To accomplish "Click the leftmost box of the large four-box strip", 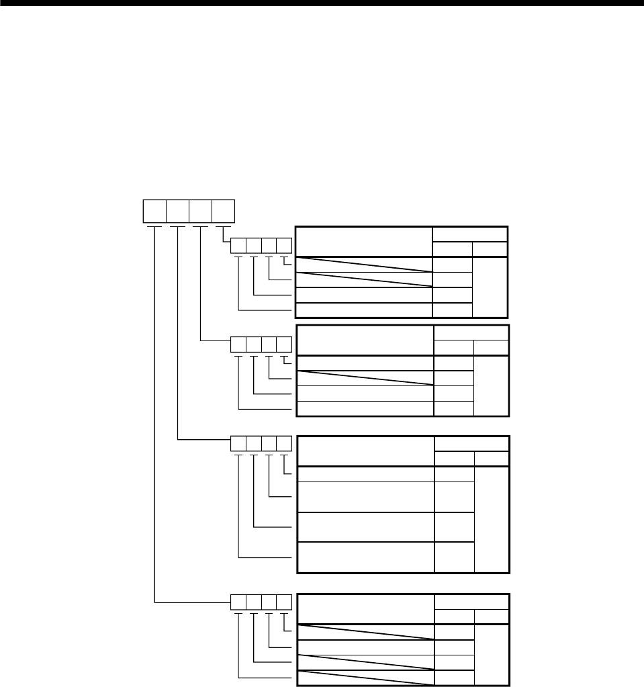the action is click(154, 212).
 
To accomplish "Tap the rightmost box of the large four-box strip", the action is click(223, 212).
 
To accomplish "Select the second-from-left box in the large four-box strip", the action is click(177, 212).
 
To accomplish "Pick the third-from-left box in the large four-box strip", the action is click(200, 212).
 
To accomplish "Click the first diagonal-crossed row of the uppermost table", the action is click(363, 264).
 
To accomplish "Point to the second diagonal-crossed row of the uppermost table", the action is click(363, 279).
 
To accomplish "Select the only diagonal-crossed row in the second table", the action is click(363, 378).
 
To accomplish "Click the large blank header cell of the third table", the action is click(365, 451).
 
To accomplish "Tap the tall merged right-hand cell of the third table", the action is click(492, 518).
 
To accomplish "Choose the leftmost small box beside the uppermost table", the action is click(238, 246).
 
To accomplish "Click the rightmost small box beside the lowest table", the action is click(285, 602).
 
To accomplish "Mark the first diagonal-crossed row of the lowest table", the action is click(363, 631).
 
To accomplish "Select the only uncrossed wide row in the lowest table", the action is click(363, 647).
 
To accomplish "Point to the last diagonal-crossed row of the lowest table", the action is click(363, 678).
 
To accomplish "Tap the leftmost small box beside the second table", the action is click(238, 345).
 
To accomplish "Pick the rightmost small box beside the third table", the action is click(285, 444).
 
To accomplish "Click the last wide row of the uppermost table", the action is click(363, 310).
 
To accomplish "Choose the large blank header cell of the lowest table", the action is click(365, 608).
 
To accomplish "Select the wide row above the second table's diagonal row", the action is click(363, 363).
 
